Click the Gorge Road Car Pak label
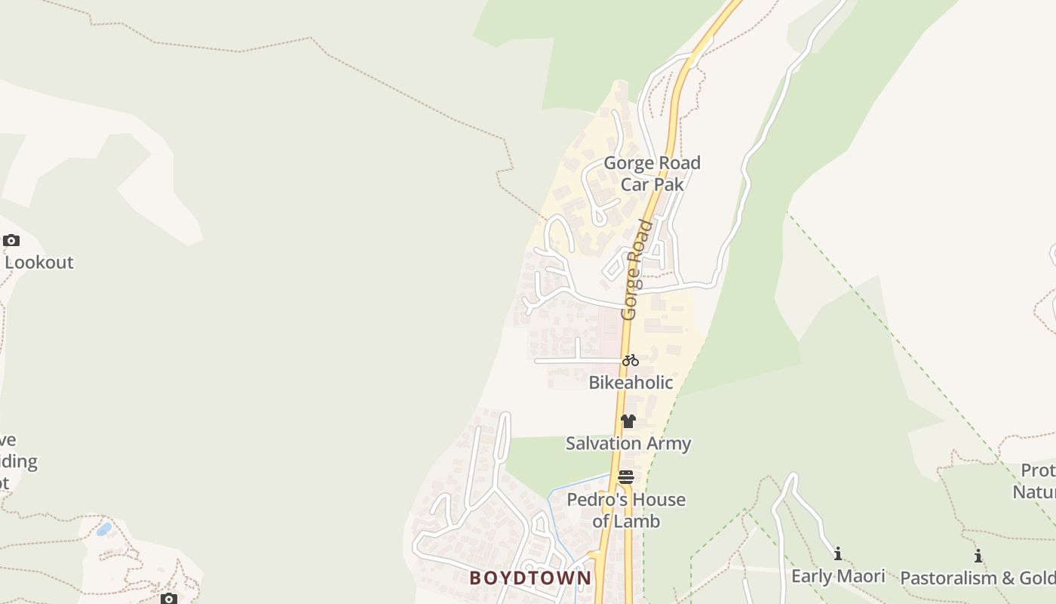tap(652, 173)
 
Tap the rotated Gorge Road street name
tap(636, 270)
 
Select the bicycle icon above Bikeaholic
tap(631, 360)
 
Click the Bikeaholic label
tap(631, 383)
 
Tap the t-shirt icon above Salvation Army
tap(628, 421)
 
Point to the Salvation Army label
tap(628, 443)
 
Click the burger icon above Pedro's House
tap(626, 477)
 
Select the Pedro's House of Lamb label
tap(626, 510)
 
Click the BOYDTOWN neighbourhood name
tap(530, 578)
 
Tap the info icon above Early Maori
tap(837, 554)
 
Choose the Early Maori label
tap(838, 576)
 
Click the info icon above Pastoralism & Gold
tap(978, 556)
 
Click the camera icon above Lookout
tap(11, 241)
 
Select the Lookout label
tap(39, 263)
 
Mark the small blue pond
tap(104, 528)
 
